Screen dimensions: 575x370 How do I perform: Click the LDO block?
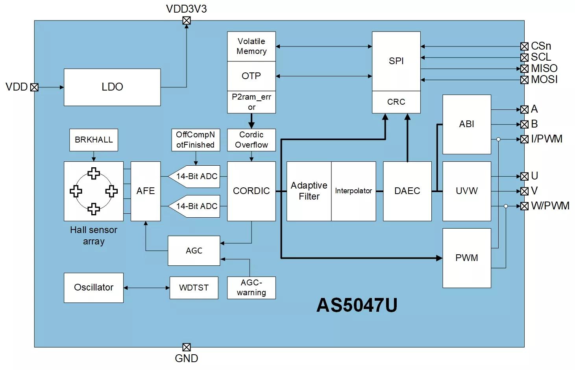(112, 87)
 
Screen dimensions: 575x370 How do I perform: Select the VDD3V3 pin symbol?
(187, 20)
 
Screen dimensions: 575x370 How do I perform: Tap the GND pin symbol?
(187, 347)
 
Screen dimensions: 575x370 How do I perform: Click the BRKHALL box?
(94, 140)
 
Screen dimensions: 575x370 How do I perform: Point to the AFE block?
(146, 191)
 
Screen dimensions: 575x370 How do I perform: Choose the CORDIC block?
(251, 191)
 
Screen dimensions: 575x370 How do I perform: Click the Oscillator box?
(94, 288)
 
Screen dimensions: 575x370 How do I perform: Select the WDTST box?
(194, 288)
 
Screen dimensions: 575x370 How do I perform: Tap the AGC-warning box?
(251, 288)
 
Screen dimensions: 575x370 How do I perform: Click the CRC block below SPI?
(396, 102)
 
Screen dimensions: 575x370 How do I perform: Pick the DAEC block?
(407, 191)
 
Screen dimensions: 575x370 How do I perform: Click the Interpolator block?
(353, 191)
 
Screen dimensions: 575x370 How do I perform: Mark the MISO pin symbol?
(524, 69)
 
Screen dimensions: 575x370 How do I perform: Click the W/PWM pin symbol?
(524, 206)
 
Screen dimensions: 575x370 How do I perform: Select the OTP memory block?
(251, 76)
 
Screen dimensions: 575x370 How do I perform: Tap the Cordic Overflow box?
(251, 140)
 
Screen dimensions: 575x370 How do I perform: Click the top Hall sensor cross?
(94, 173)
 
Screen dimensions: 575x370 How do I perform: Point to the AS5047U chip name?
(357, 305)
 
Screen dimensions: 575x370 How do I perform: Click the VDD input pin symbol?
(34, 87)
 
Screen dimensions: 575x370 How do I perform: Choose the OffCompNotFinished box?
(196, 140)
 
